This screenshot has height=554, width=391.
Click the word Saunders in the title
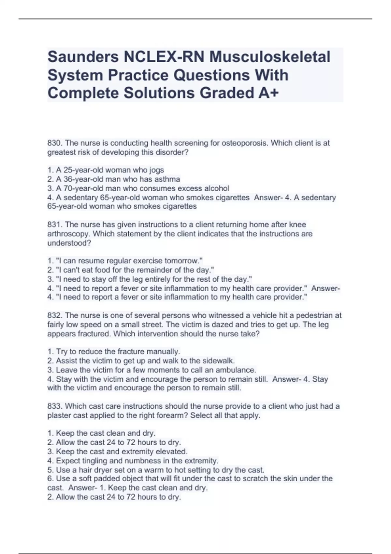(83, 57)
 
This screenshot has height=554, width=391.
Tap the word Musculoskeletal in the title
(270, 57)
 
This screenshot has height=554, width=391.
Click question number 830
(55, 143)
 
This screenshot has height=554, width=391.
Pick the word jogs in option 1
(156, 170)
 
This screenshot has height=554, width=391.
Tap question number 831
(55, 225)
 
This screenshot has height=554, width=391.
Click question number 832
(55, 315)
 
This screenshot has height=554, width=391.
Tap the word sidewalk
(218, 361)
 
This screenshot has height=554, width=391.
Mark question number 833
(55, 406)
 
